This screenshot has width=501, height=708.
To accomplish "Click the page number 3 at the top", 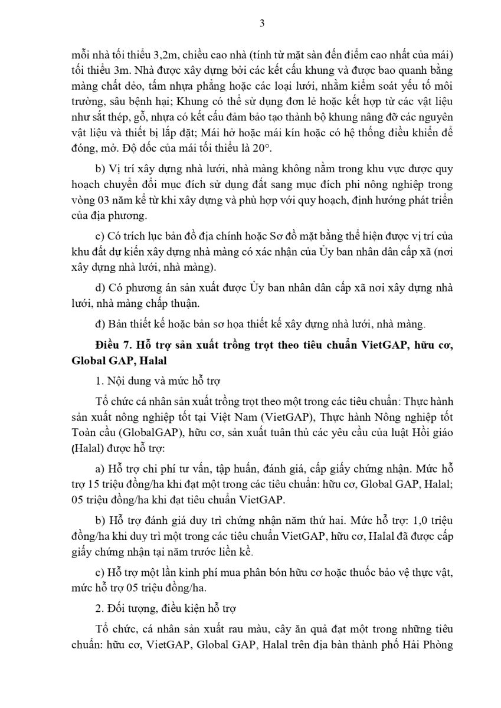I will pos(262,23).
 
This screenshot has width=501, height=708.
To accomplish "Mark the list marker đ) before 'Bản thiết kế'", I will pos(100,323).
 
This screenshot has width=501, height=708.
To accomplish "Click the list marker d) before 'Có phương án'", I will pos(100,287).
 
